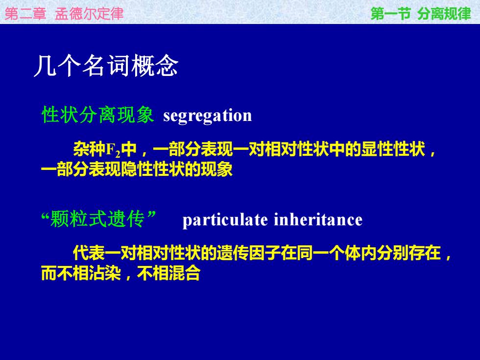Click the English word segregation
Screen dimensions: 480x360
click(208, 116)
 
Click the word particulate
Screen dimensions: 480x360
click(225, 220)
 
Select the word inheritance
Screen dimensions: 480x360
click(318, 219)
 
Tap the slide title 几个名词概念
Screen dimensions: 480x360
click(106, 66)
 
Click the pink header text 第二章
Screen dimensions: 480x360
click(25, 14)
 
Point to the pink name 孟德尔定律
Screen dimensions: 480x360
click(89, 14)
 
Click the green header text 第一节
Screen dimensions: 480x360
click(391, 14)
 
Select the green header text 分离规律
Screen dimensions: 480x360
click(444, 14)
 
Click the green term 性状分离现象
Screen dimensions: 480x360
click(97, 115)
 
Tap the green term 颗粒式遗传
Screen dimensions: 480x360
click(97, 219)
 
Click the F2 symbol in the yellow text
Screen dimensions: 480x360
click(113, 151)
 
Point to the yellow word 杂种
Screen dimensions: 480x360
click(89, 149)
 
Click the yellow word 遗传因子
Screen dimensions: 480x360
click(249, 253)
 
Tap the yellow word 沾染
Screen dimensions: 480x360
click(105, 273)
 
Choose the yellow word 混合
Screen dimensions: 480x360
click(185, 273)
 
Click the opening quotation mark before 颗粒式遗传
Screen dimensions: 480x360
click(46, 216)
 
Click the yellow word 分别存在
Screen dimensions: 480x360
click(408, 253)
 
